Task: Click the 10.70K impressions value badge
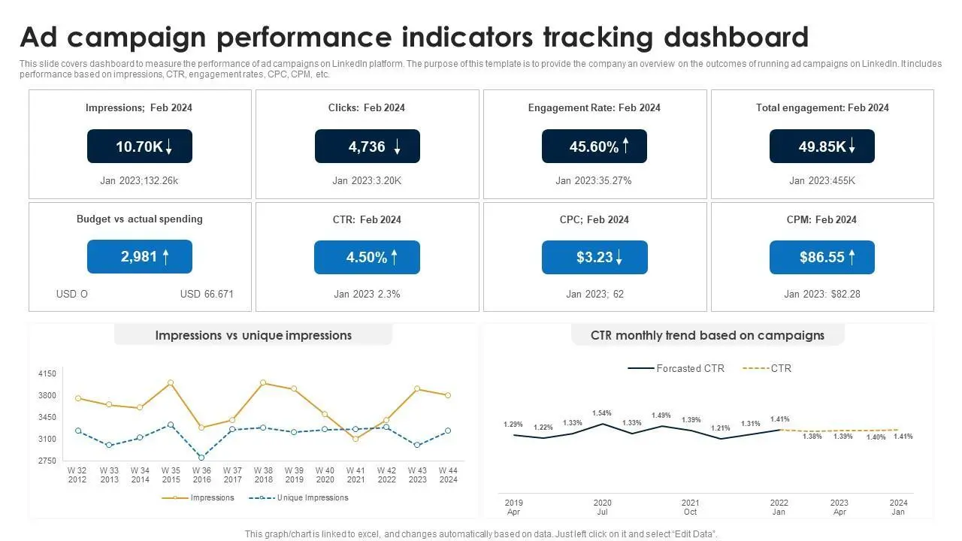coord(140,146)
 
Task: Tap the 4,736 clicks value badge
coord(368,146)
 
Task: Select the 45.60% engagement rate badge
coord(594,146)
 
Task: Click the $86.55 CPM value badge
coord(822,257)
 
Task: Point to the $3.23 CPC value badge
coord(594,257)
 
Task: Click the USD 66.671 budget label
coord(207,294)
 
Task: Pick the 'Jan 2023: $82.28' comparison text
coord(822,294)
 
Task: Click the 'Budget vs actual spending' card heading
coord(140,219)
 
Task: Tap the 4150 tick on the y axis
coord(47,373)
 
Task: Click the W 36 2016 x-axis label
coord(201,475)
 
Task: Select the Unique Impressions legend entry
coord(298,497)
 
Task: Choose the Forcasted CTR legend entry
coord(676,368)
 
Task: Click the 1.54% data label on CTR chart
coord(602,413)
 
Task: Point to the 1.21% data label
coord(720,428)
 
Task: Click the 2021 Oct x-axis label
coord(690,507)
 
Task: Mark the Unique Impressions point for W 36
coord(201,458)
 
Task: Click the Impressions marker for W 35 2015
coord(171,382)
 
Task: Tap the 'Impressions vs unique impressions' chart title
coord(253,335)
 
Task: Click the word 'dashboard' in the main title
coord(736,37)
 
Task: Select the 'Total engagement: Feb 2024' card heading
coord(822,107)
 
